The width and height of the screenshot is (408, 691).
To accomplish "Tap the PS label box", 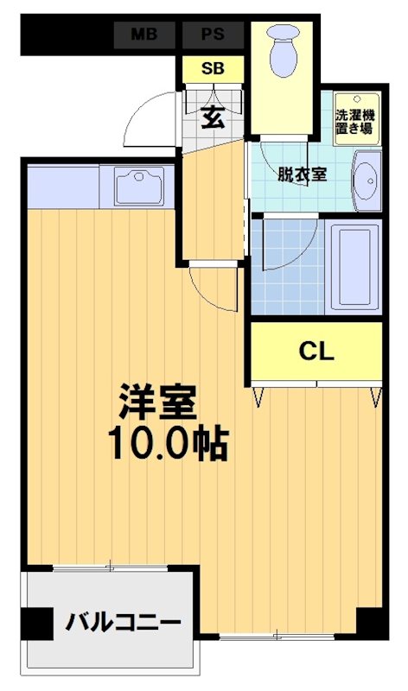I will [x=210, y=35].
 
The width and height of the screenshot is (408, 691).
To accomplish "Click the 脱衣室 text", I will [x=302, y=174].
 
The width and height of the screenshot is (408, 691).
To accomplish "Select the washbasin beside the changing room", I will [x=367, y=180].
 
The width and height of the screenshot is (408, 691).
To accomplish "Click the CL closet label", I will [x=316, y=351].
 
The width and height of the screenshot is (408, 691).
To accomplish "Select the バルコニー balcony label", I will [x=124, y=622].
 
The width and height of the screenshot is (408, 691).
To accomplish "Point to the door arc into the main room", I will [x=212, y=289].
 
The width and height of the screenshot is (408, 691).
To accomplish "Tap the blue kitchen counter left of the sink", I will [x=62, y=187].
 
